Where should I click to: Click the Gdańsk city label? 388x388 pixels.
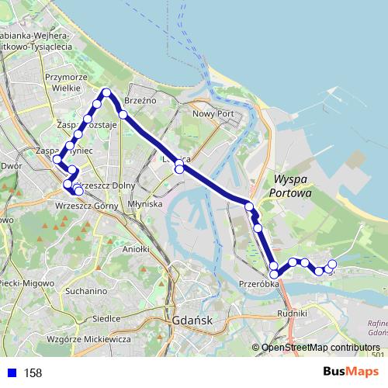195,320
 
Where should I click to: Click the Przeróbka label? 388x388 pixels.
259,283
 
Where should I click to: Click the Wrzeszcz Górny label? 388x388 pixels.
86,206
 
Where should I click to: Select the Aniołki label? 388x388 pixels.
136,250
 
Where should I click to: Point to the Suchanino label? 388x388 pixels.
87,291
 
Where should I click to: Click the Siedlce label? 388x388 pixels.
106,318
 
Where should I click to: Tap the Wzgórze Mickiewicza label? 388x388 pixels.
87,339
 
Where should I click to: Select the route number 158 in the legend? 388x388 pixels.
33,373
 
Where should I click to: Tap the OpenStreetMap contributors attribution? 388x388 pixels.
320,348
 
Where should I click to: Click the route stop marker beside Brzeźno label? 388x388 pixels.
123,114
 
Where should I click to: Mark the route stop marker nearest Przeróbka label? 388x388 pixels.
274,274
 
